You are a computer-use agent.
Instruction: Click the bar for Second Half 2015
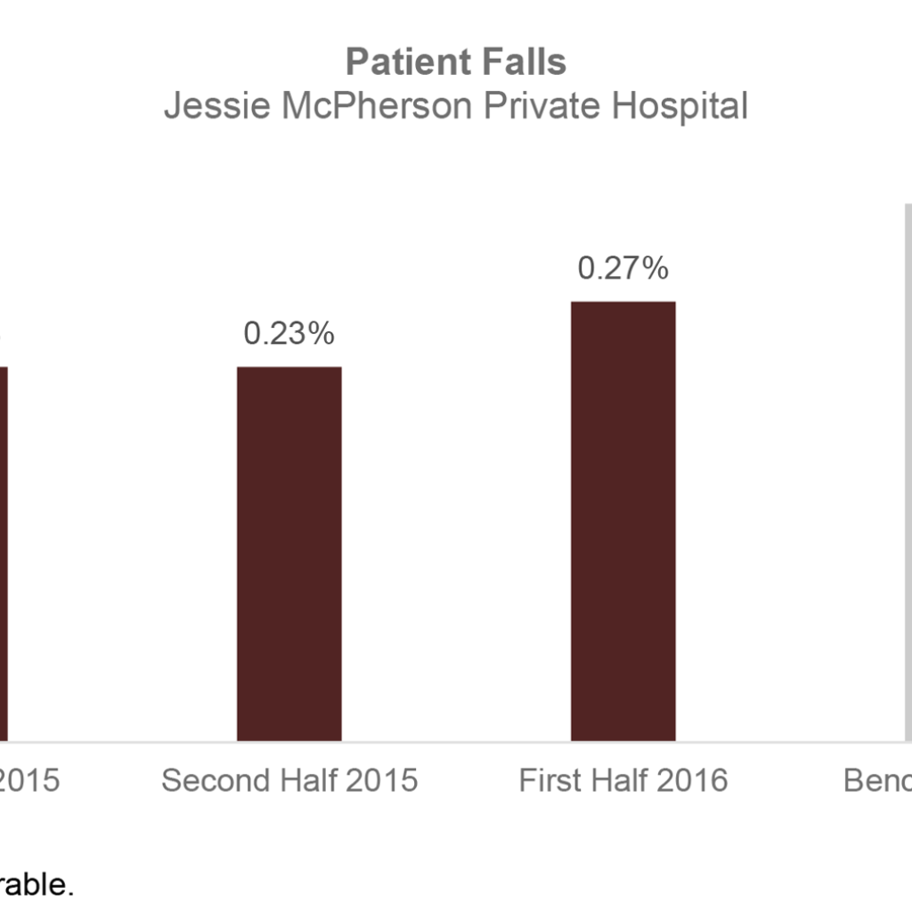(x=289, y=552)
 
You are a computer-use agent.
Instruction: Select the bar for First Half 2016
(x=623, y=521)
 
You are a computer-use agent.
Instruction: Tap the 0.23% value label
(x=289, y=334)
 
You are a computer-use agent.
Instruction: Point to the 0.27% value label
(x=623, y=268)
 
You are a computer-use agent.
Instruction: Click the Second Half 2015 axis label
(x=289, y=781)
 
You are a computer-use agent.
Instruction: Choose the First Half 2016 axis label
(x=623, y=781)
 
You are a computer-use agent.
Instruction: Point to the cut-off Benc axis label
(x=877, y=781)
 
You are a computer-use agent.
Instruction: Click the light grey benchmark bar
(x=908, y=472)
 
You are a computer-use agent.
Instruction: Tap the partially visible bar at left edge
(x=4, y=552)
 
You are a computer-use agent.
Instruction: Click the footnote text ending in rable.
(x=36, y=886)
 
